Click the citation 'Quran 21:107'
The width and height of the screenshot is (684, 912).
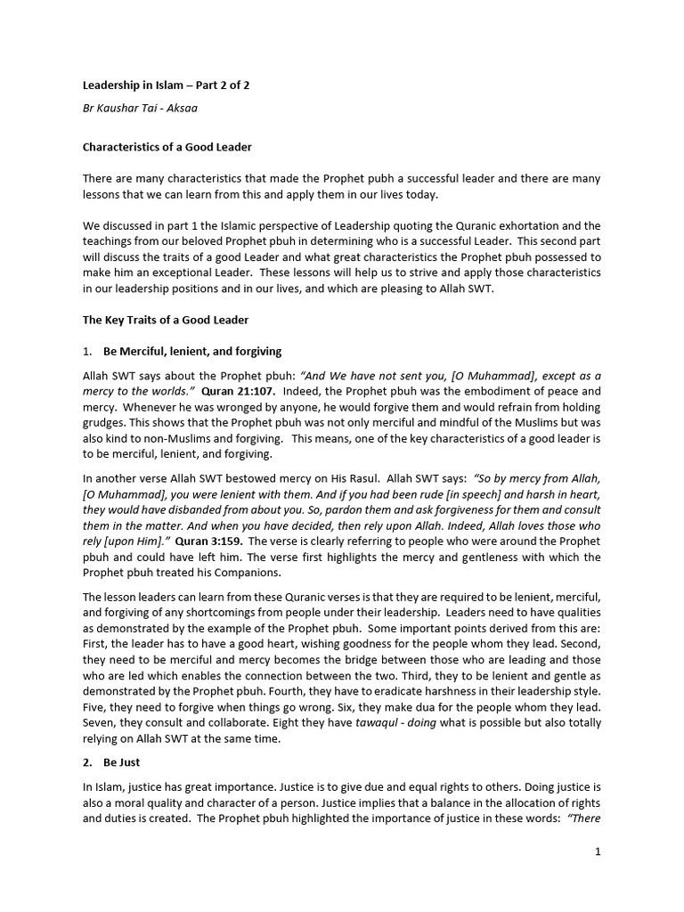pos(239,391)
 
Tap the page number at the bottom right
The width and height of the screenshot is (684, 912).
pos(598,851)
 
